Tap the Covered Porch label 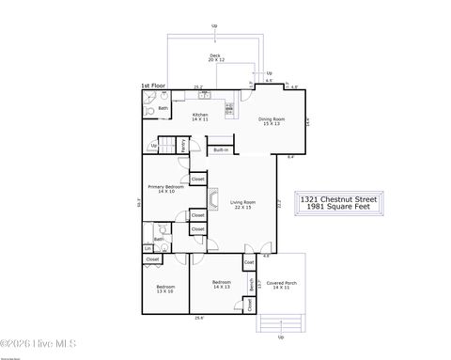(281, 285)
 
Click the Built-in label (220, 149)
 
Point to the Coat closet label (249, 262)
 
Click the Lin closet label (148, 248)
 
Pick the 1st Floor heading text (153, 86)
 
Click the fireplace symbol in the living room (212, 198)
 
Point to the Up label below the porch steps (280, 337)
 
